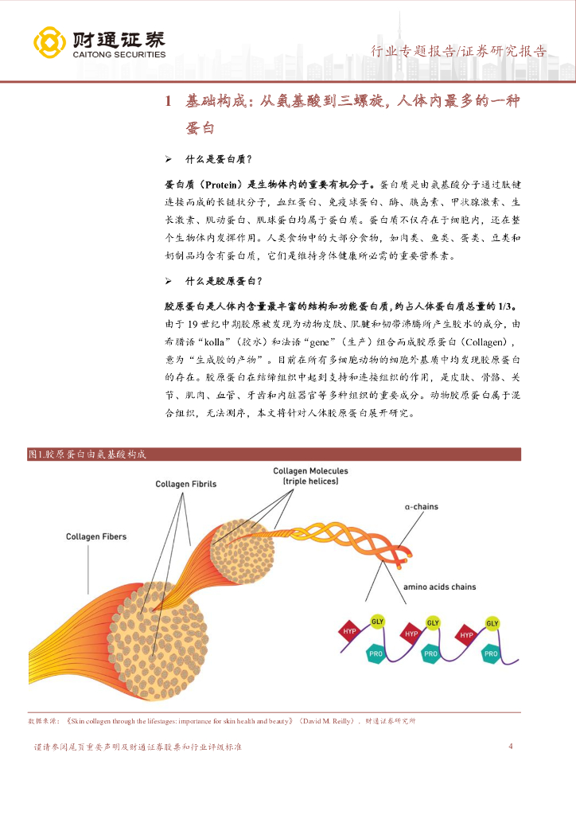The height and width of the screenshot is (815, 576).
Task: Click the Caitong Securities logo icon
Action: pos(49,41)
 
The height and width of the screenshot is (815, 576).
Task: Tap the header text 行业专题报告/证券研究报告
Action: pos(459,52)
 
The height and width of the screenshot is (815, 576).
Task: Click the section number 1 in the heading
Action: pos(168,101)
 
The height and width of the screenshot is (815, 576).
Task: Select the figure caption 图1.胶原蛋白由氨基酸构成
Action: pos(87,454)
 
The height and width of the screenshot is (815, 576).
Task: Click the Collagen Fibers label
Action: pos(95,537)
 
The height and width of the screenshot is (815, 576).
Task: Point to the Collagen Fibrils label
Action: pos(185,484)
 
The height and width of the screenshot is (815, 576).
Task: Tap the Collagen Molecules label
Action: pos(310,476)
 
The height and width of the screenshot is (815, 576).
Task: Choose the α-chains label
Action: pos(421,506)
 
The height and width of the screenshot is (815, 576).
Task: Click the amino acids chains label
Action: pos(439,587)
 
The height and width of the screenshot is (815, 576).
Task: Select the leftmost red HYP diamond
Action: pos(349,632)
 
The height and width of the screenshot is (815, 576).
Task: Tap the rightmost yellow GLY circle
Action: pos(492,622)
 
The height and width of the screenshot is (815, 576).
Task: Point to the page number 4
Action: pos(510,747)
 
